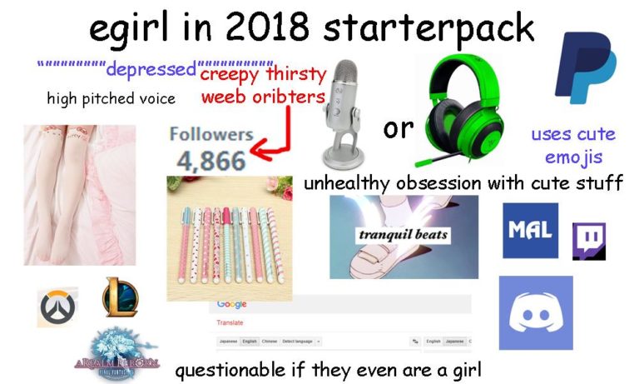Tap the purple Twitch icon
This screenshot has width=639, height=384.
(588, 241)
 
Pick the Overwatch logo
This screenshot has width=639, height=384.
(57, 307)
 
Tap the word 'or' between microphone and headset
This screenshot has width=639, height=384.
(398, 128)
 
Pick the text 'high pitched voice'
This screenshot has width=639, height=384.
(111, 98)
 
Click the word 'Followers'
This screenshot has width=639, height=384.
(211, 134)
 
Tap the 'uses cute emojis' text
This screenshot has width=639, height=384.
(572, 145)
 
